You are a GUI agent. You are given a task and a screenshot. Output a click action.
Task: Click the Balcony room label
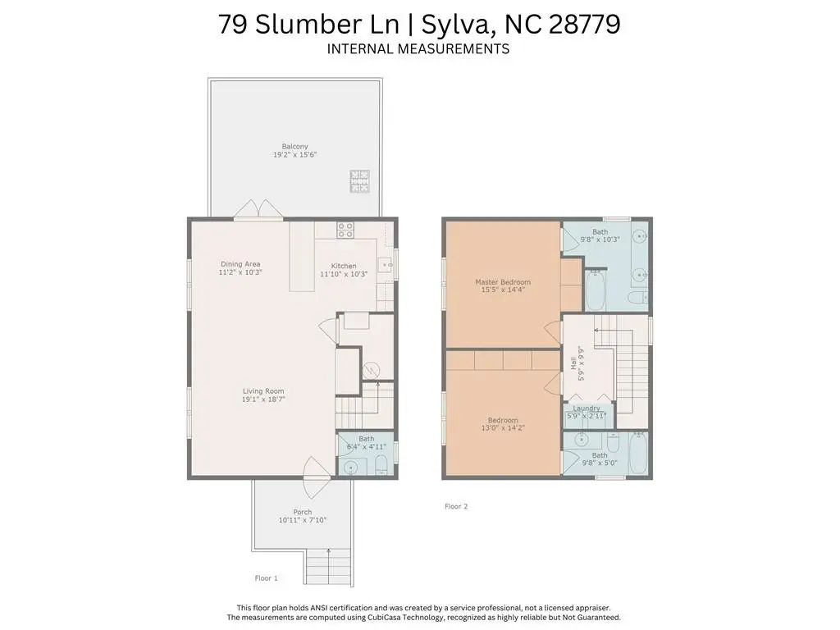295,146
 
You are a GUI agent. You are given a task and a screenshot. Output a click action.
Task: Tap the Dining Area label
240,264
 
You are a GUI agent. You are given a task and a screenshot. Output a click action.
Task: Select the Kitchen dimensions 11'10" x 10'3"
344,274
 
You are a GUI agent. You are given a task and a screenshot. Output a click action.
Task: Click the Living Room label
263,391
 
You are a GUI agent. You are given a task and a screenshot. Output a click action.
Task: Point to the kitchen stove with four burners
345,231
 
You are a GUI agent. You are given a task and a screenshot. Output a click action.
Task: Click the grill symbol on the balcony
359,181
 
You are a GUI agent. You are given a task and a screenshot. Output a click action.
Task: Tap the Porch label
303,512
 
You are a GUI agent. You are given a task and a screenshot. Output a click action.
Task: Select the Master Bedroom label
503,282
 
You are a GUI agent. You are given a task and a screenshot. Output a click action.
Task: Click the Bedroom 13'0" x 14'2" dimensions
503,428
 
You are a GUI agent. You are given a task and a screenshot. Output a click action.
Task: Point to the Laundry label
587,409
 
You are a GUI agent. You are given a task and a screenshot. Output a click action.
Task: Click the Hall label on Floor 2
573,363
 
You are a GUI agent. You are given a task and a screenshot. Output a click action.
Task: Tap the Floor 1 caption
267,578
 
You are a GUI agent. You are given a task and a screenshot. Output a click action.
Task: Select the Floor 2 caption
456,506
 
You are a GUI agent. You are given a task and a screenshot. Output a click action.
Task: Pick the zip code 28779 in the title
584,24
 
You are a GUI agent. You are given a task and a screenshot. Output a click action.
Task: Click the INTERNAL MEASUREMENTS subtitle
418,48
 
